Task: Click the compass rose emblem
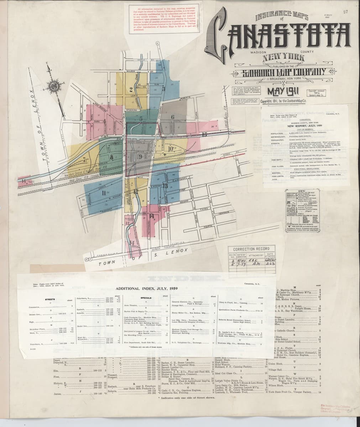tap(54, 86)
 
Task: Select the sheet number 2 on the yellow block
tap(131, 89)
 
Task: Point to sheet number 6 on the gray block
tap(172, 117)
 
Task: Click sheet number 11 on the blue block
tap(104, 193)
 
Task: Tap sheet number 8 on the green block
tap(111, 157)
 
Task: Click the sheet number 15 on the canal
tap(204, 135)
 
